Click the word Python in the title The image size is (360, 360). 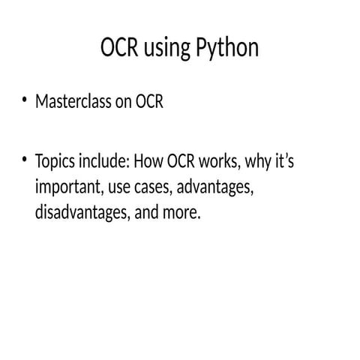pyautogui.click(x=227, y=49)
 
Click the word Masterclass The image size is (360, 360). pyautogui.click(x=72, y=103)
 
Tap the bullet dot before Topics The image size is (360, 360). pyautogui.click(x=25, y=159)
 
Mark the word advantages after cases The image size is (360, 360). pyautogui.click(x=214, y=189)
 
